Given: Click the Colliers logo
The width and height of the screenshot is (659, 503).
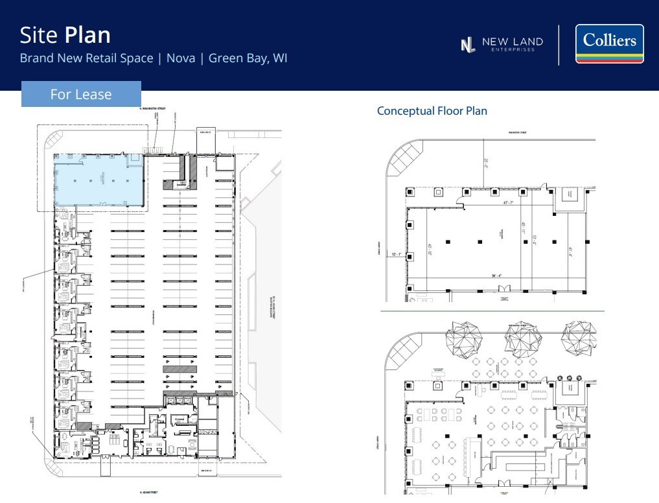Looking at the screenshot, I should [609, 44].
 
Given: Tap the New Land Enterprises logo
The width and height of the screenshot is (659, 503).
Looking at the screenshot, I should [502, 44].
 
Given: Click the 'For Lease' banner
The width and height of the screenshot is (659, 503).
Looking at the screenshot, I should [81, 94].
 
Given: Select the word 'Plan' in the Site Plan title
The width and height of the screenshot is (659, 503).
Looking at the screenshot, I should [87, 34].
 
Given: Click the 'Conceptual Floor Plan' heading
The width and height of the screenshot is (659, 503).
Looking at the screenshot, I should [432, 111].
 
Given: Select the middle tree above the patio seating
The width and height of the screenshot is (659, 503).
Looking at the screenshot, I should [522, 338].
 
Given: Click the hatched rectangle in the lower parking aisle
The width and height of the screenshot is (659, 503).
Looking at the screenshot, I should [179, 369].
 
